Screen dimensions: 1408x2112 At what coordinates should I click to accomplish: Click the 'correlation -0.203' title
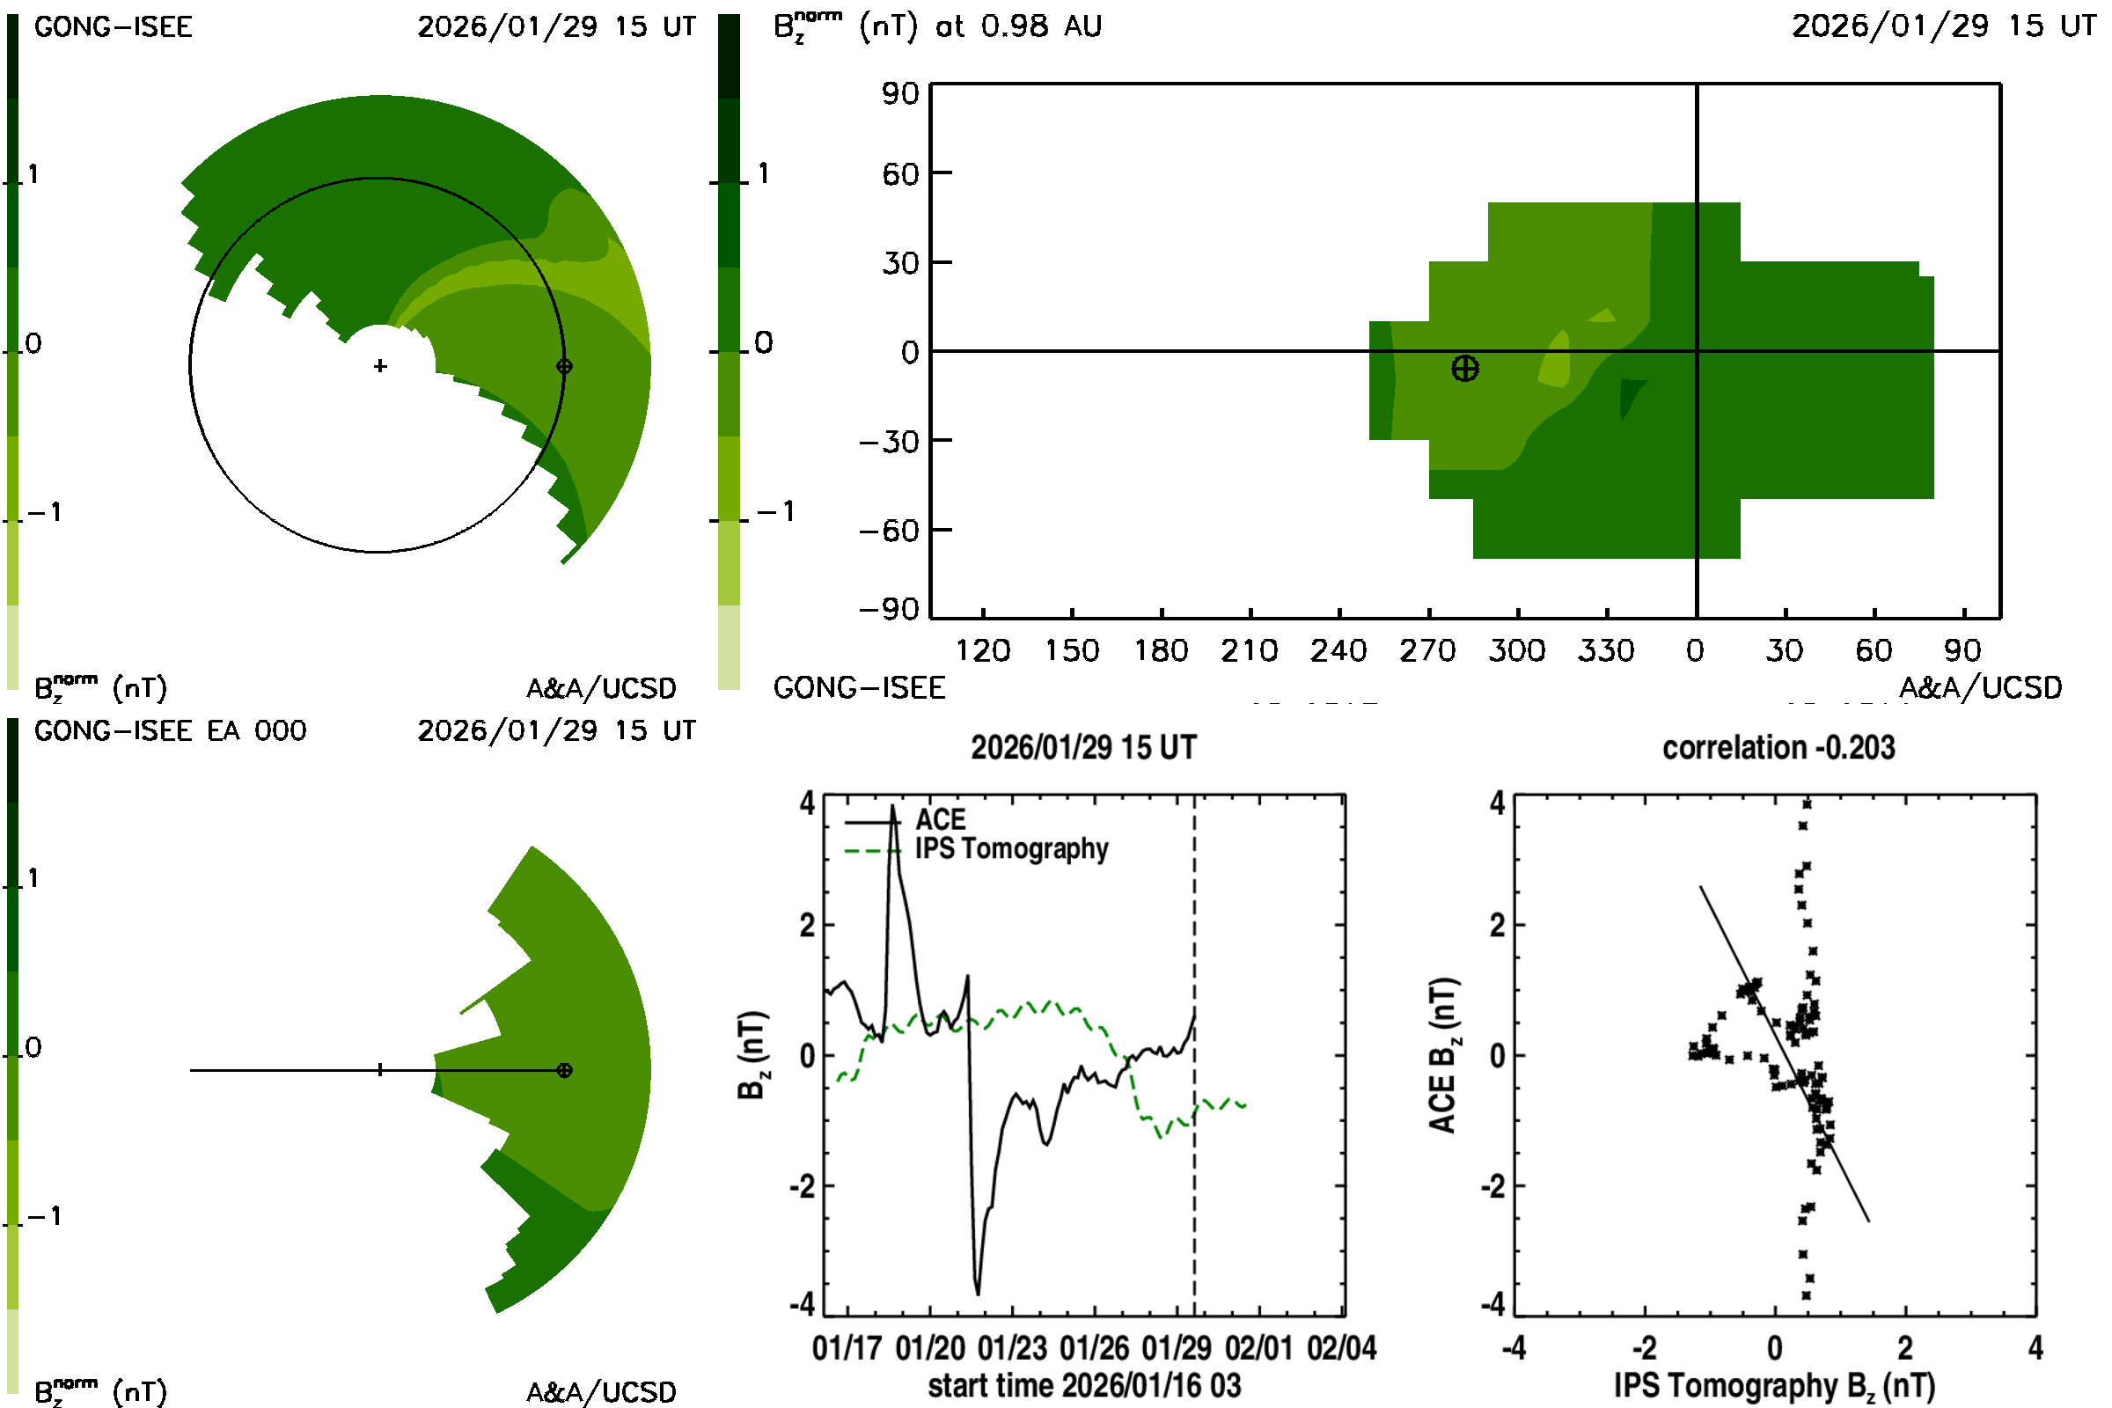(1778, 748)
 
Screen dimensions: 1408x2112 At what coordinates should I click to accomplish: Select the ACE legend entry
(940, 820)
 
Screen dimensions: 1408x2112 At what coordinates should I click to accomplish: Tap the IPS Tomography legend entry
(1011, 849)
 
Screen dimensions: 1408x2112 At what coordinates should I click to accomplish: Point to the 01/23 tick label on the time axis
(1012, 1349)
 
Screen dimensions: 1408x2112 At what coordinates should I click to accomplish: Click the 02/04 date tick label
(1341, 1349)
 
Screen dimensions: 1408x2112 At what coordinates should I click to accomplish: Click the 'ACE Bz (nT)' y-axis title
(1441, 1056)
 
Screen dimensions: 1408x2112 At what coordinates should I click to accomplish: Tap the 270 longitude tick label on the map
(1427, 651)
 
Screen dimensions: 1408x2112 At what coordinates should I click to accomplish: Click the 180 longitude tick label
(1161, 651)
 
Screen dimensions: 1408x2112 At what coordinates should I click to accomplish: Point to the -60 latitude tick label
(888, 532)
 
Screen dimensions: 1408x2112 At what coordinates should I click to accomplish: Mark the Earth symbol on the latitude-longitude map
(1464, 369)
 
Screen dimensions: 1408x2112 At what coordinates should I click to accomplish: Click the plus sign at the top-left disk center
(381, 366)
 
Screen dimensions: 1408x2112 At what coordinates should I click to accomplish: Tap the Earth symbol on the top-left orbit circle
(564, 366)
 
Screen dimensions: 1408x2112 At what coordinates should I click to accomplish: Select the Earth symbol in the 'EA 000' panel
(564, 1070)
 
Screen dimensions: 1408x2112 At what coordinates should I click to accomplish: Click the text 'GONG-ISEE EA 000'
(170, 731)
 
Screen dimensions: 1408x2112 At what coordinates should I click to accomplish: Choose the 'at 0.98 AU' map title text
(1018, 26)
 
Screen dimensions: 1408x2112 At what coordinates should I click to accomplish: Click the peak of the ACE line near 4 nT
(892, 807)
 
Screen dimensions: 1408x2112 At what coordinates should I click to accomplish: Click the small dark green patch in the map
(1630, 395)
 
